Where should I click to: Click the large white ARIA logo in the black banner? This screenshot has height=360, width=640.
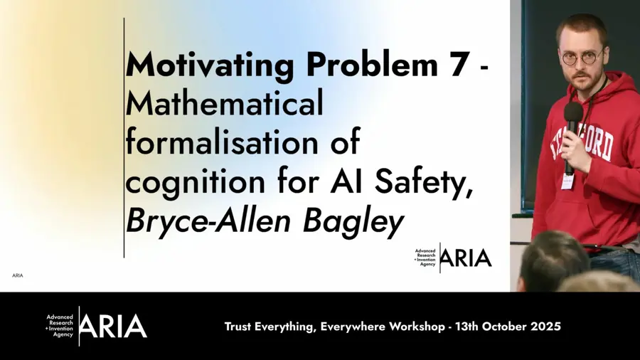pyautogui.click(x=112, y=327)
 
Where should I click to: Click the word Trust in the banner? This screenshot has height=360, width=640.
pyautogui.click(x=240, y=327)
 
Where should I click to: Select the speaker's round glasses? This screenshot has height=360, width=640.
pyautogui.click(x=580, y=57)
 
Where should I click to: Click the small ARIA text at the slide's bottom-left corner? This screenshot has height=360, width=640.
pyautogui.click(x=18, y=275)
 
